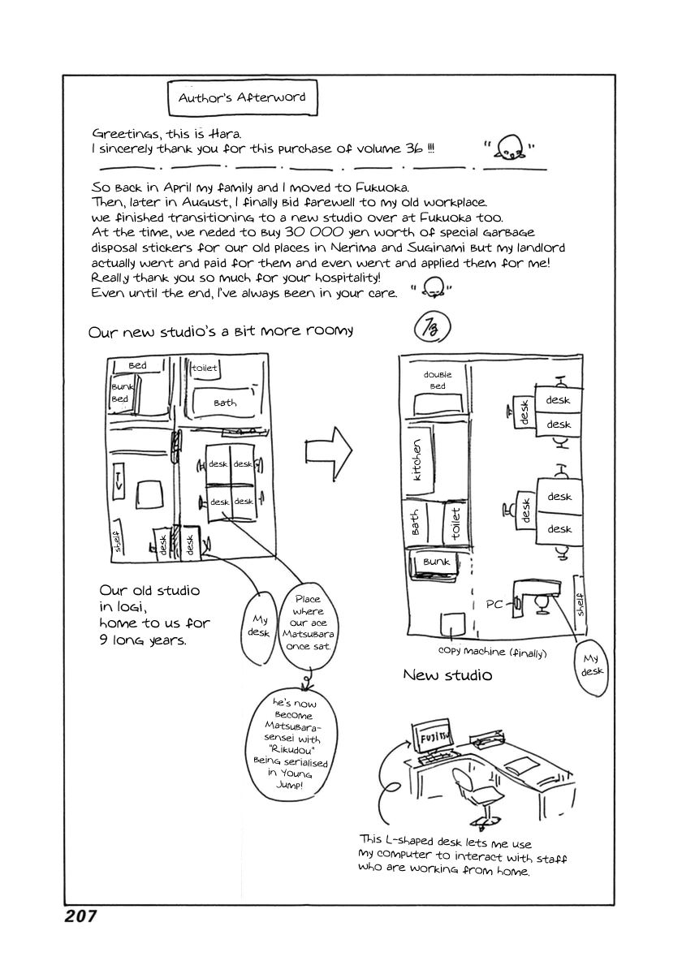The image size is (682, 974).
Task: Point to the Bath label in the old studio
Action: click(225, 403)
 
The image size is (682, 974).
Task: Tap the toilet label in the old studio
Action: click(204, 368)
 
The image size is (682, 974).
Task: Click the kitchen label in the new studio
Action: click(418, 460)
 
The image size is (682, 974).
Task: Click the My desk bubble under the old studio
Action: click(258, 627)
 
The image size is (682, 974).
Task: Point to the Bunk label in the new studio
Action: click(436, 561)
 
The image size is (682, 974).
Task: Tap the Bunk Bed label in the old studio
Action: click(120, 393)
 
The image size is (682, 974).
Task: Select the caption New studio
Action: click(447, 674)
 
